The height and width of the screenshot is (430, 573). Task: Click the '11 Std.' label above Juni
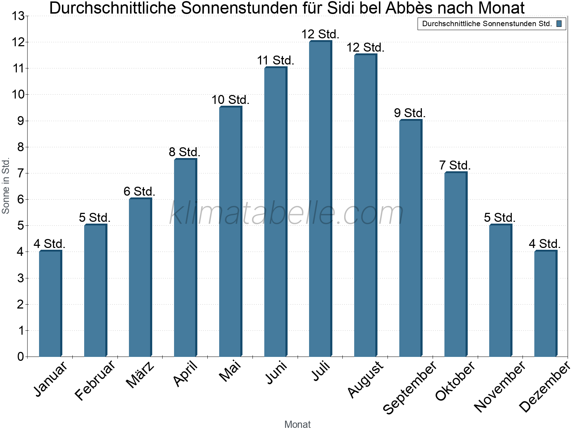[x=275, y=61]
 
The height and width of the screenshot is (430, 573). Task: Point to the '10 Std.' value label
[x=230, y=100]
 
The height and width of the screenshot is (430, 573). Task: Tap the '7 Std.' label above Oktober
[x=455, y=166]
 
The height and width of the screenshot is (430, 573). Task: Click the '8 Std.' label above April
[x=184, y=152]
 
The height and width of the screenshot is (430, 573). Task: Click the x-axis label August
[x=365, y=379]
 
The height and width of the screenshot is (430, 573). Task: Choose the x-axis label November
[x=500, y=386]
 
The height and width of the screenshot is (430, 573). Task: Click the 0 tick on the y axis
[x=20, y=357]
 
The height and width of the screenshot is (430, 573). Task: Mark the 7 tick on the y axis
[x=20, y=173]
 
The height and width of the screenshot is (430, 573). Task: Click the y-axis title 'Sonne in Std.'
[x=6, y=186]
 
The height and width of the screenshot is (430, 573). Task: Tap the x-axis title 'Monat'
[x=297, y=424]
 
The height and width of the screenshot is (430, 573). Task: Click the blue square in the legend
[x=559, y=24]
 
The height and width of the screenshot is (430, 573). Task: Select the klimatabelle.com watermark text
[x=286, y=213]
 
